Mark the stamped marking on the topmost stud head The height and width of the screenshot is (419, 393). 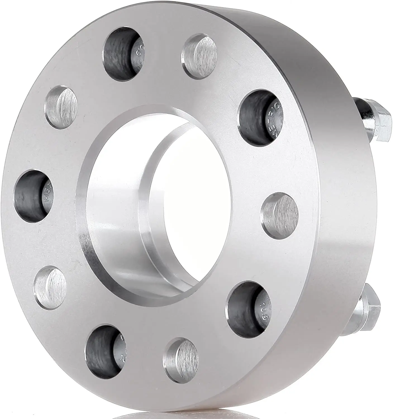point(138,52)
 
